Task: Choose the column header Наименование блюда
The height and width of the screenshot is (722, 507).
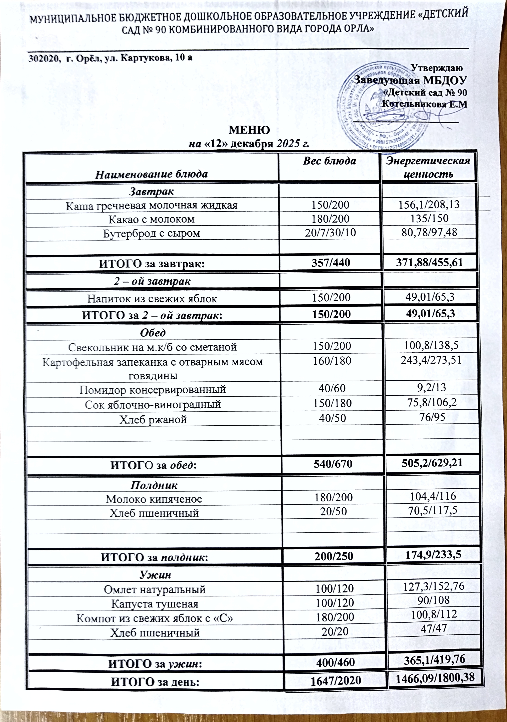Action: tap(152, 174)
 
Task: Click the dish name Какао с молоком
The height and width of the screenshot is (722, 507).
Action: tap(152, 219)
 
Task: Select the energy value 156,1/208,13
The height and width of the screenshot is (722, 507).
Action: tap(429, 205)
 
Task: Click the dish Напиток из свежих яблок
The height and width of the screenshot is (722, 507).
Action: tap(152, 298)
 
